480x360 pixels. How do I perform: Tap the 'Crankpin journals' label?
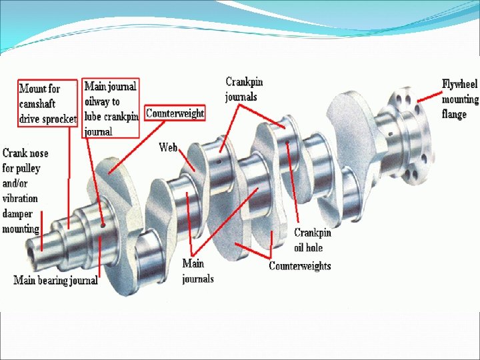click(x=244, y=89)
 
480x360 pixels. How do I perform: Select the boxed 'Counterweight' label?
click(x=175, y=113)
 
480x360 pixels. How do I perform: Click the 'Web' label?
click(x=167, y=147)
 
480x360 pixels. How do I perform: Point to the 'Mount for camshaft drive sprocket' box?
click(x=47, y=104)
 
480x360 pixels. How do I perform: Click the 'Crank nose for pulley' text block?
click(x=25, y=191)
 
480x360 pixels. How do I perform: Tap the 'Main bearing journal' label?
click(x=56, y=280)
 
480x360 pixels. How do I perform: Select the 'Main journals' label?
click(x=198, y=271)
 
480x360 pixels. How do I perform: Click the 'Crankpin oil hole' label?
click(x=312, y=240)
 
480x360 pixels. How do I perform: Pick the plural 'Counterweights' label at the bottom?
click(x=299, y=266)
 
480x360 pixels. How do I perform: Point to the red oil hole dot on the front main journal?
click(x=103, y=226)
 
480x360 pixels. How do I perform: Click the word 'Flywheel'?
click(x=460, y=84)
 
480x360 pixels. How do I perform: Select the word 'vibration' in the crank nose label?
click(x=20, y=199)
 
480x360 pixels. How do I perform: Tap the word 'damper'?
click(x=17, y=214)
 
